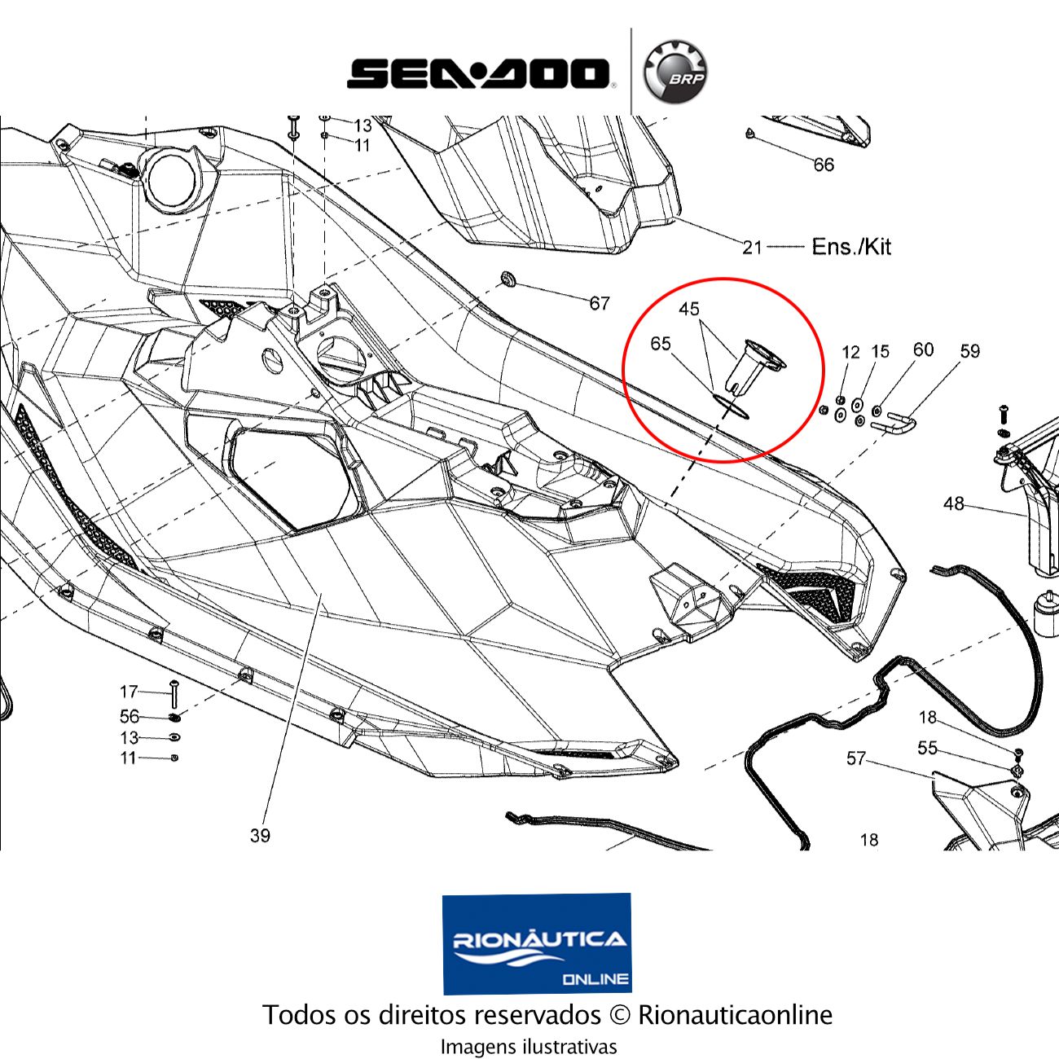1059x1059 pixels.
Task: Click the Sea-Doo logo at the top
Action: coord(479,73)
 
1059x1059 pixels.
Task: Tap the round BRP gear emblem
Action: coord(675,73)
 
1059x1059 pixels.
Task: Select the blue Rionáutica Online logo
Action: coord(536,943)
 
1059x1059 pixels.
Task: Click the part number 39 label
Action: coord(260,836)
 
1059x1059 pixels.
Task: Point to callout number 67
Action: coord(600,304)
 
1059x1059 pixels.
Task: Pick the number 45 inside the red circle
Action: coord(689,310)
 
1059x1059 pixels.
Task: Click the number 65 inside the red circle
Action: coord(661,344)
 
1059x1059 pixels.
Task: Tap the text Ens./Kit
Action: coord(851,246)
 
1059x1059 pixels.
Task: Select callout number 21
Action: coord(752,247)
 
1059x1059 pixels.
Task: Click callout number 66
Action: coord(824,165)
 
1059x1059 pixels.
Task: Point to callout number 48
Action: coord(954,504)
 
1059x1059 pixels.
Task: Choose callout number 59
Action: coord(970,351)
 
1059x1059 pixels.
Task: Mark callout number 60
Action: coord(923,349)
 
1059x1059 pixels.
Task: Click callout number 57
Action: coord(855,758)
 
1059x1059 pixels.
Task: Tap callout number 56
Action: coord(130,717)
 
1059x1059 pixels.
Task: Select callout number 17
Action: coord(129,692)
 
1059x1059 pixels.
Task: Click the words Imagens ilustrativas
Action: coord(529,1047)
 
